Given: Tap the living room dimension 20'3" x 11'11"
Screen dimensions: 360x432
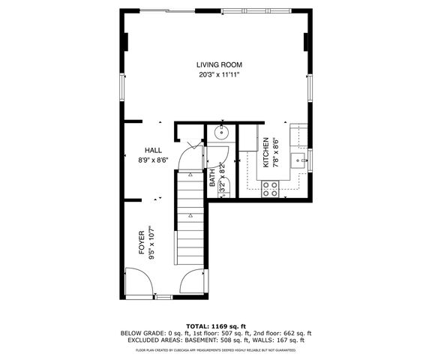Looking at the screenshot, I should [x=219, y=75].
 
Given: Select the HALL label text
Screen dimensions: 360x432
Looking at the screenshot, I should [x=153, y=150].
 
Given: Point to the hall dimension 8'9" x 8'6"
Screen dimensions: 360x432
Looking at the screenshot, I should [x=153, y=160].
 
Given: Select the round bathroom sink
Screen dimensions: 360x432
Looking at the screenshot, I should [x=222, y=134].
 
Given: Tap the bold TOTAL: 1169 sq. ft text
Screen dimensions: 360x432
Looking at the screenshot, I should [x=216, y=326].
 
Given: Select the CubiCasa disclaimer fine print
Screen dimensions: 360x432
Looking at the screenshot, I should [x=216, y=349].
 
